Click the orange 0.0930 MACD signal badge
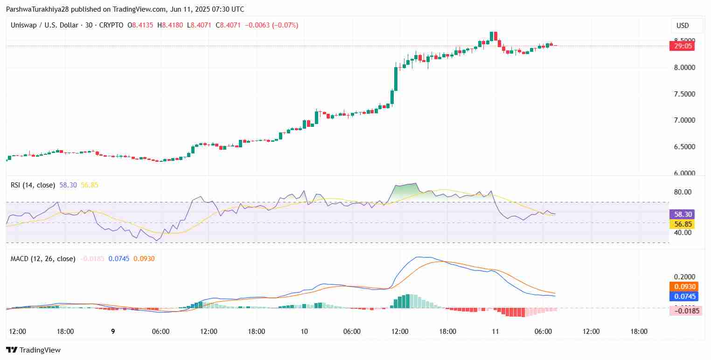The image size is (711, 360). [x=683, y=287]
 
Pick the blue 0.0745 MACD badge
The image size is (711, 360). [x=683, y=296]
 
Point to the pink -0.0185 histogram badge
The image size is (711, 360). [x=683, y=311]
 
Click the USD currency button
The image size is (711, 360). [x=683, y=25]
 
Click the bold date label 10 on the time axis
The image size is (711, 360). [x=304, y=332]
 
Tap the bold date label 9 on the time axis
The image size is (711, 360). [x=113, y=332]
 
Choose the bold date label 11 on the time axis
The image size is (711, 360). [x=495, y=332]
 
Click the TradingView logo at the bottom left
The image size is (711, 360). [x=33, y=350]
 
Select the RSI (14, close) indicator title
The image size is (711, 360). [x=33, y=185]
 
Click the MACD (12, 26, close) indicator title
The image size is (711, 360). [x=43, y=258]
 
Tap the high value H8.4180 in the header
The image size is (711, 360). [x=170, y=25]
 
